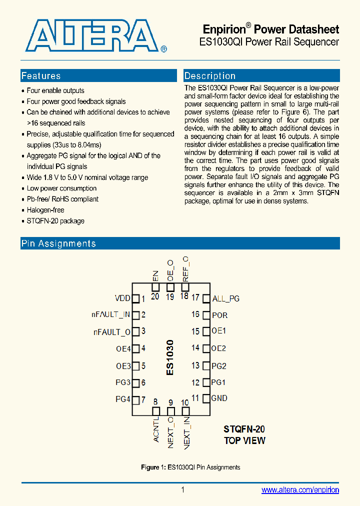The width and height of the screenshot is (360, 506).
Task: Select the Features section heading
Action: coord(41,76)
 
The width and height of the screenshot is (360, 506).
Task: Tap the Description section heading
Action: coord(210,76)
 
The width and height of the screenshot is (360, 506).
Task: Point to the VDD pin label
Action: coord(122,298)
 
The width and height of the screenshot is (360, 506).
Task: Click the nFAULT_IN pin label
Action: coord(110,314)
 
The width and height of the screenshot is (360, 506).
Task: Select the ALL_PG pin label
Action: coord(226,298)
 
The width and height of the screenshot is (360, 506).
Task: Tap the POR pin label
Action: coord(219,315)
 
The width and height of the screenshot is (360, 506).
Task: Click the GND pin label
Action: coord(219,398)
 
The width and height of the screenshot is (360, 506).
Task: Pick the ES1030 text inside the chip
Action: coord(170,357)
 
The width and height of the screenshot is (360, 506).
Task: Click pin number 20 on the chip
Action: coord(155,296)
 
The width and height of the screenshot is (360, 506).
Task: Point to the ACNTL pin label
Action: coord(156,428)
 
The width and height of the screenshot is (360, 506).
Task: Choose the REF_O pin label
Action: coord(185,268)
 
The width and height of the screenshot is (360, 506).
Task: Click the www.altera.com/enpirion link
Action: coord(300,490)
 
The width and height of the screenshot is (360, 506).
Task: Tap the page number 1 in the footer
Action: coord(183,490)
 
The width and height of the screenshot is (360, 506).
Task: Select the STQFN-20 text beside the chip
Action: coord(244,429)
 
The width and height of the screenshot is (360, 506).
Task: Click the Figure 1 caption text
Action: coord(190,467)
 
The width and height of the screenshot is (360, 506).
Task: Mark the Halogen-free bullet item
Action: coord(45,210)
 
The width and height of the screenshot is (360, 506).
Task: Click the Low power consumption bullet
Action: coord(61,188)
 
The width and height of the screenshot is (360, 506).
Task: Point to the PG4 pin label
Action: coord(123,399)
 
